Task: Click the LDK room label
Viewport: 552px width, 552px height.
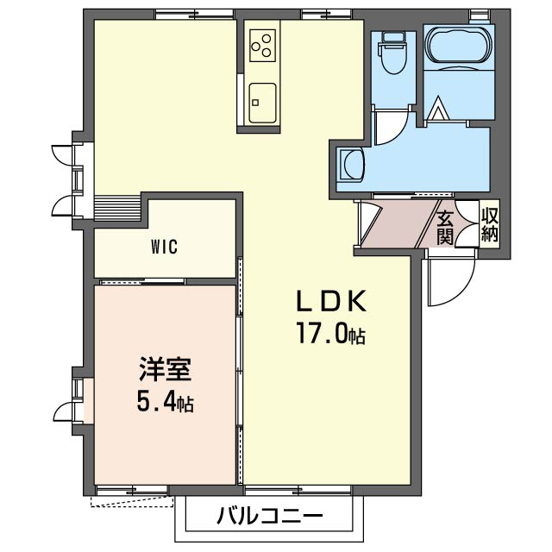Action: click(x=331, y=301)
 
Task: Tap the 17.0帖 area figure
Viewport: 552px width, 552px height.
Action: click(x=331, y=333)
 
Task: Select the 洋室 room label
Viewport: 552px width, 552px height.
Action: click(x=165, y=369)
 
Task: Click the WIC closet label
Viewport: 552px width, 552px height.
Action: click(x=164, y=247)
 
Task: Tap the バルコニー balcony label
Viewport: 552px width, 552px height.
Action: click(x=270, y=517)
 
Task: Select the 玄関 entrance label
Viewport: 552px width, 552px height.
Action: click(x=445, y=229)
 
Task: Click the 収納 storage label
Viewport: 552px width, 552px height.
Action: click(x=490, y=224)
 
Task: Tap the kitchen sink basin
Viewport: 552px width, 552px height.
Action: click(x=262, y=103)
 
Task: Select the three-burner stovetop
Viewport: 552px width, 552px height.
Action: click(x=262, y=46)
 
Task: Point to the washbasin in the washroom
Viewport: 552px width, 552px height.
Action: click(x=350, y=165)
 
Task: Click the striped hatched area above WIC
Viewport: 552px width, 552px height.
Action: click(x=118, y=208)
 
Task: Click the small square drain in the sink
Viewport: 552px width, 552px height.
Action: click(x=255, y=103)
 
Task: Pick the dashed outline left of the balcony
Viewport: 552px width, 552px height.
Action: click(x=132, y=502)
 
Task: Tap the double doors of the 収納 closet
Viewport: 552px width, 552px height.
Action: click(x=467, y=223)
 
